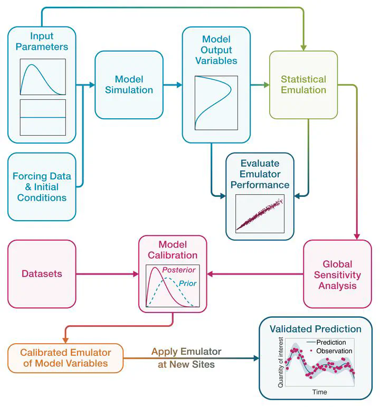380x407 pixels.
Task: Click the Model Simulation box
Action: pyautogui.click(x=129, y=84)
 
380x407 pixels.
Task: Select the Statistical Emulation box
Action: pyautogui.click(x=303, y=84)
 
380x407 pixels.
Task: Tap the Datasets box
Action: pyautogui.click(x=42, y=274)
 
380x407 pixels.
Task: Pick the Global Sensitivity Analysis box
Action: pyautogui.click(x=337, y=275)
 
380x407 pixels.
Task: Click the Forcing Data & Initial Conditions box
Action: pyautogui.click(x=42, y=187)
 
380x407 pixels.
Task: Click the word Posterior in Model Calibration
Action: pyautogui.click(x=179, y=270)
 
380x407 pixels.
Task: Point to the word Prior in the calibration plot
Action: pyautogui.click(x=187, y=283)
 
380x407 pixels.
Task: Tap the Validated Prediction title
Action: pyautogui.click(x=316, y=329)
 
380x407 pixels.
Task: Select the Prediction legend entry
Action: pyautogui.click(x=330, y=342)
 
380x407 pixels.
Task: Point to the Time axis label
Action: pyautogui.click(x=319, y=392)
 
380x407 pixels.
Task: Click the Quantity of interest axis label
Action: pyautogui.click(x=281, y=362)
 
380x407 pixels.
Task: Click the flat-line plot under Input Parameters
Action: pyautogui.click(x=43, y=117)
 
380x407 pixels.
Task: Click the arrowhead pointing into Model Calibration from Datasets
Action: pyautogui.click(x=135, y=274)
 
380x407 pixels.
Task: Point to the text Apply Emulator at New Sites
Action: pyautogui.click(x=186, y=357)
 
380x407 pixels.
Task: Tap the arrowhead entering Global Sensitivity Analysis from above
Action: pyautogui.click(x=357, y=236)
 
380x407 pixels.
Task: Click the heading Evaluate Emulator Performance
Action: pyautogui.click(x=260, y=174)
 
